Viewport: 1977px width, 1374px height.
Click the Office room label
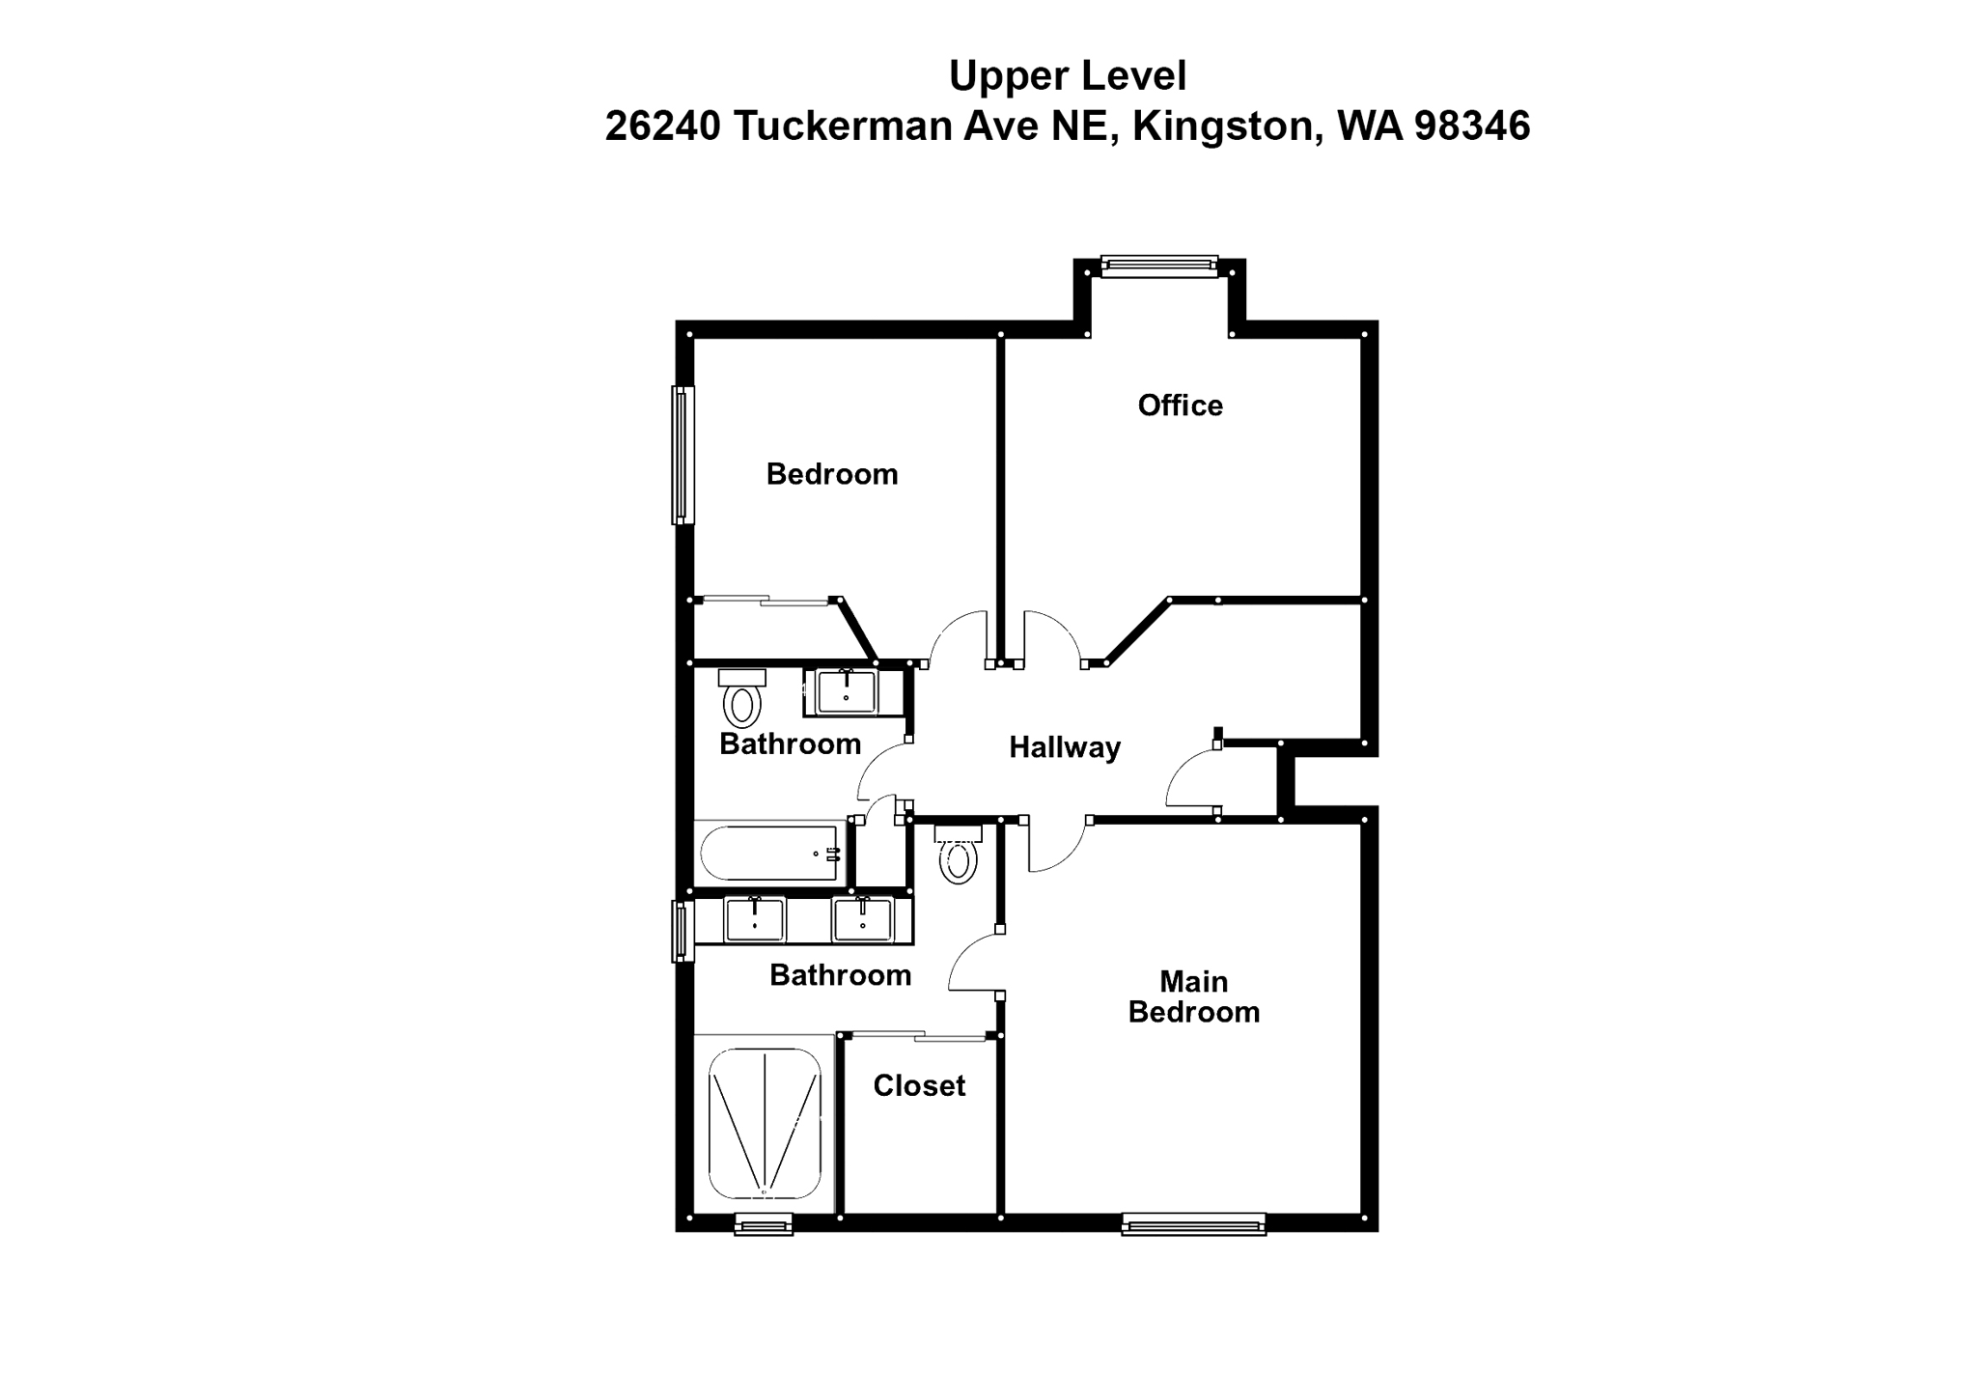tap(1180, 406)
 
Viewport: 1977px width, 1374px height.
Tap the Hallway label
tap(1065, 747)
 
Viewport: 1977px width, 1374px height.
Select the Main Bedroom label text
tap(1194, 996)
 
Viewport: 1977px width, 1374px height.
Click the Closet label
tap(919, 1086)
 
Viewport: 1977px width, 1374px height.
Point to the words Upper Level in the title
tap(1068, 76)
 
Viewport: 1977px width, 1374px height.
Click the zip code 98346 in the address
tap(1472, 126)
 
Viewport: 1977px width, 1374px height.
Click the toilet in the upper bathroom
tap(741, 701)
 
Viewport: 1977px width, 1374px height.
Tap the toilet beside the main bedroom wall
tap(958, 855)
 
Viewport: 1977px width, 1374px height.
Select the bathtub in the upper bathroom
tap(769, 853)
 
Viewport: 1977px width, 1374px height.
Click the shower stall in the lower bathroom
tap(765, 1124)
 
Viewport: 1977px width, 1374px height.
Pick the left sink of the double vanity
tap(754, 919)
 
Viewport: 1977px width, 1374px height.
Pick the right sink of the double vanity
tap(863, 919)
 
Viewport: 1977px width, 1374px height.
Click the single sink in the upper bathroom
tap(847, 691)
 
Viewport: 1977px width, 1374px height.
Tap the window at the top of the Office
tap(1159, 266)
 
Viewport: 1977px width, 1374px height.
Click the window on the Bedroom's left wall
tap(682, 455)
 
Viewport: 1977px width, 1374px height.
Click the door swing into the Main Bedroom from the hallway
tap(1057, 850)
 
